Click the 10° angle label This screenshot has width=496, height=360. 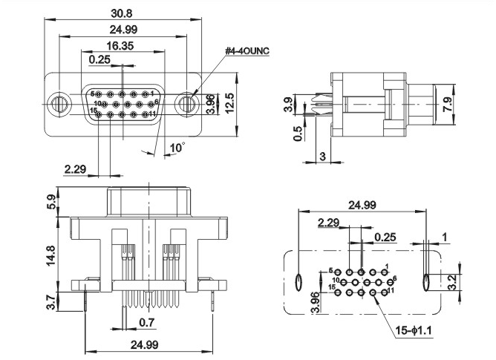[176, 148]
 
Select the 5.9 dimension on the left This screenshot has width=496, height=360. [50, 201]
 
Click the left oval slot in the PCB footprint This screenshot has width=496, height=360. [298, 282]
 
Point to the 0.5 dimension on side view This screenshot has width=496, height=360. [298, 133]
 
